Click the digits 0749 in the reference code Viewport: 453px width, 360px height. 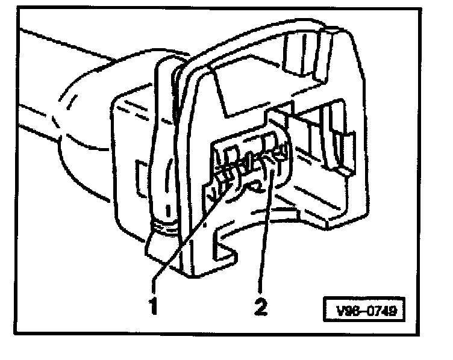pyautogui.click(x=379, y=312)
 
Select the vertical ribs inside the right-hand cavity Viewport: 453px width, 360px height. pyautogui.click(x=319, y=138)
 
